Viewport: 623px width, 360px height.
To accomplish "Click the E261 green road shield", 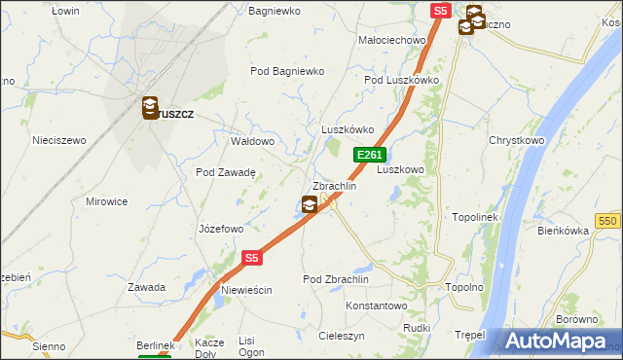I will coord(370,155).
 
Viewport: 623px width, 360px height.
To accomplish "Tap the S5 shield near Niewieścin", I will coord(252,258).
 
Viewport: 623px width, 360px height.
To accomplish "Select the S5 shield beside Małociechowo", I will coord(441,11).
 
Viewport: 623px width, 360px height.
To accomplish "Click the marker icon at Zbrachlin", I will coord(310,204).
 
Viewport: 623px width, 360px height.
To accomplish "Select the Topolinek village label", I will coord(475,217).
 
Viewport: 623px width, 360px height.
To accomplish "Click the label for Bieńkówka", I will coord(564,231).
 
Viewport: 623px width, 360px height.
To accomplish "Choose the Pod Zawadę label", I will coord(226,172).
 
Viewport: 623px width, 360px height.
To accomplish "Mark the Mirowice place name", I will coord(107,201).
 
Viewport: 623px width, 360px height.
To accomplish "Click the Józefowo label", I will coord(220,230).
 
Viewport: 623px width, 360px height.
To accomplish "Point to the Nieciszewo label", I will coord(59,140).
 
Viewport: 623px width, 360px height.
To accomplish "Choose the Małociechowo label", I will coord(393,40).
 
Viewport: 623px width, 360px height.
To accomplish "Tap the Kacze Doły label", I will coord(210,347).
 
